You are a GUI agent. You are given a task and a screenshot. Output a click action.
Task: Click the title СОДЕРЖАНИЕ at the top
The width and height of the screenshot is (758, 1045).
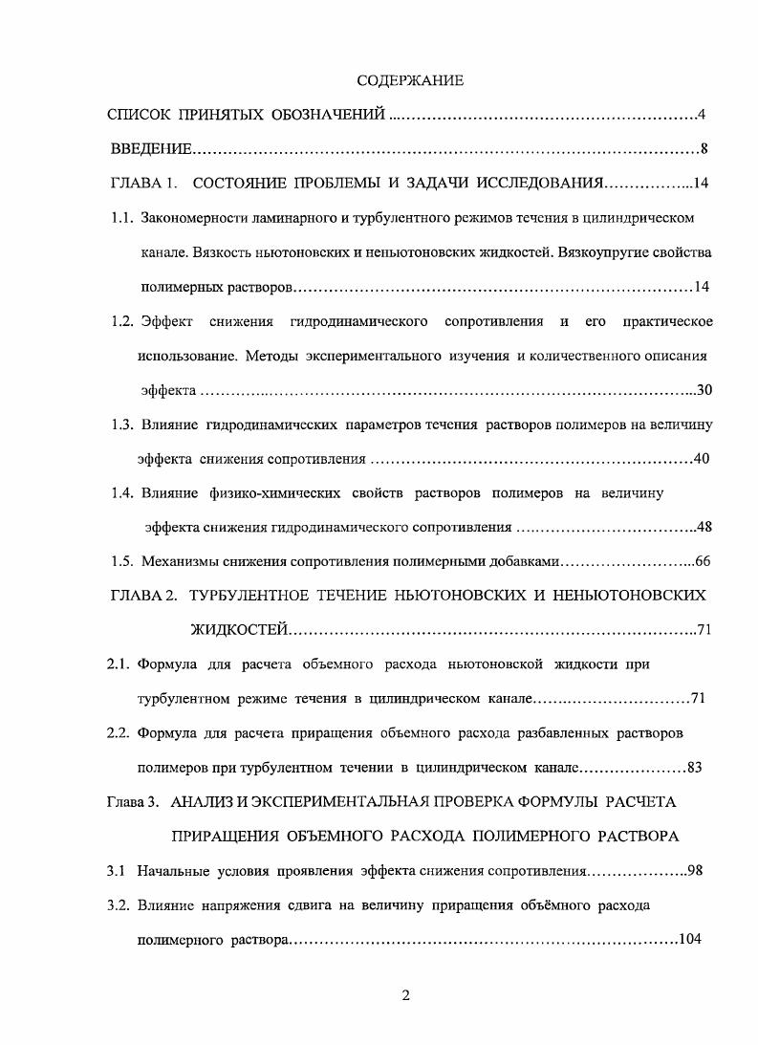[409, 81]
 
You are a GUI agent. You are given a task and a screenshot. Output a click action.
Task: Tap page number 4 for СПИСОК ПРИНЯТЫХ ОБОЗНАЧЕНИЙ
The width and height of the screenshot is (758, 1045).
[701, 116]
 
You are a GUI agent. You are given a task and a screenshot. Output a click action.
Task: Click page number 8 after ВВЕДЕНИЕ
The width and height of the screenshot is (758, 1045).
[701, 149]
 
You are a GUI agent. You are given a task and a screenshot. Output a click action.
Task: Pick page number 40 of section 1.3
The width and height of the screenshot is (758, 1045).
[701, 459]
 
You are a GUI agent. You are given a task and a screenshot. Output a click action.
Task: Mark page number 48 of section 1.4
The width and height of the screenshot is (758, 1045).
[705, 527]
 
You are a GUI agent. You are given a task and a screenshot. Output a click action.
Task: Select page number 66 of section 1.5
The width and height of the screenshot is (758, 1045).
[705, 561]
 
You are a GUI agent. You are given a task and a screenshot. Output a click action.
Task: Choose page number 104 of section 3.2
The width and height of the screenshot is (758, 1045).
[690, 939]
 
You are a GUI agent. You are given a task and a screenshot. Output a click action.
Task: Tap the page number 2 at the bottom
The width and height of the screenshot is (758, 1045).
[405, 996]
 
